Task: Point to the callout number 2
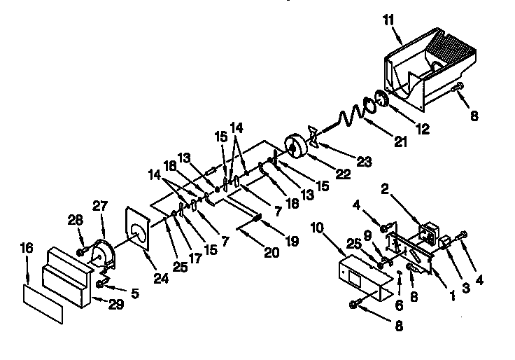click(384, 188)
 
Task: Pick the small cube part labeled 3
click(444, 244)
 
